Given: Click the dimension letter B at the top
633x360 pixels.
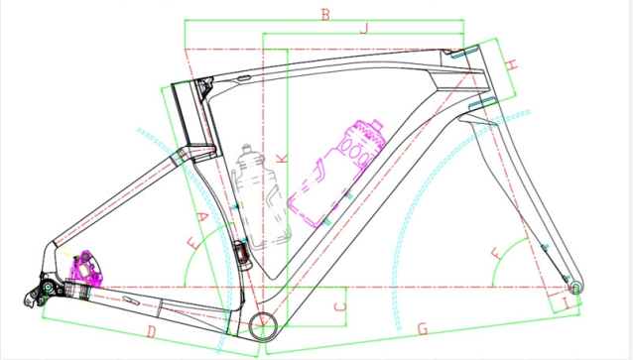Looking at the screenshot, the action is (325, 15).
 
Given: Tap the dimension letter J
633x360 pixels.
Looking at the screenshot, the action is (364, 28).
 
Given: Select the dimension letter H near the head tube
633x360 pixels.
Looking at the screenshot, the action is (512, 64).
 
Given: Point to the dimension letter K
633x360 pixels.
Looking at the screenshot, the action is (284, 158).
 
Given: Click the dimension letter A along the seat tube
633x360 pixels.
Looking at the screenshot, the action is (202, 217).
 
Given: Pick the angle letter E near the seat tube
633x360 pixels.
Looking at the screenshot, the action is (193, 243).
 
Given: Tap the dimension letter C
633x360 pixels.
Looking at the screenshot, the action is (340, 306).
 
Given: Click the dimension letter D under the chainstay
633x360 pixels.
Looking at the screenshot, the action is (151, 332).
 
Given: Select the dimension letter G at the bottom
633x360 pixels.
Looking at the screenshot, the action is (423, 329).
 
